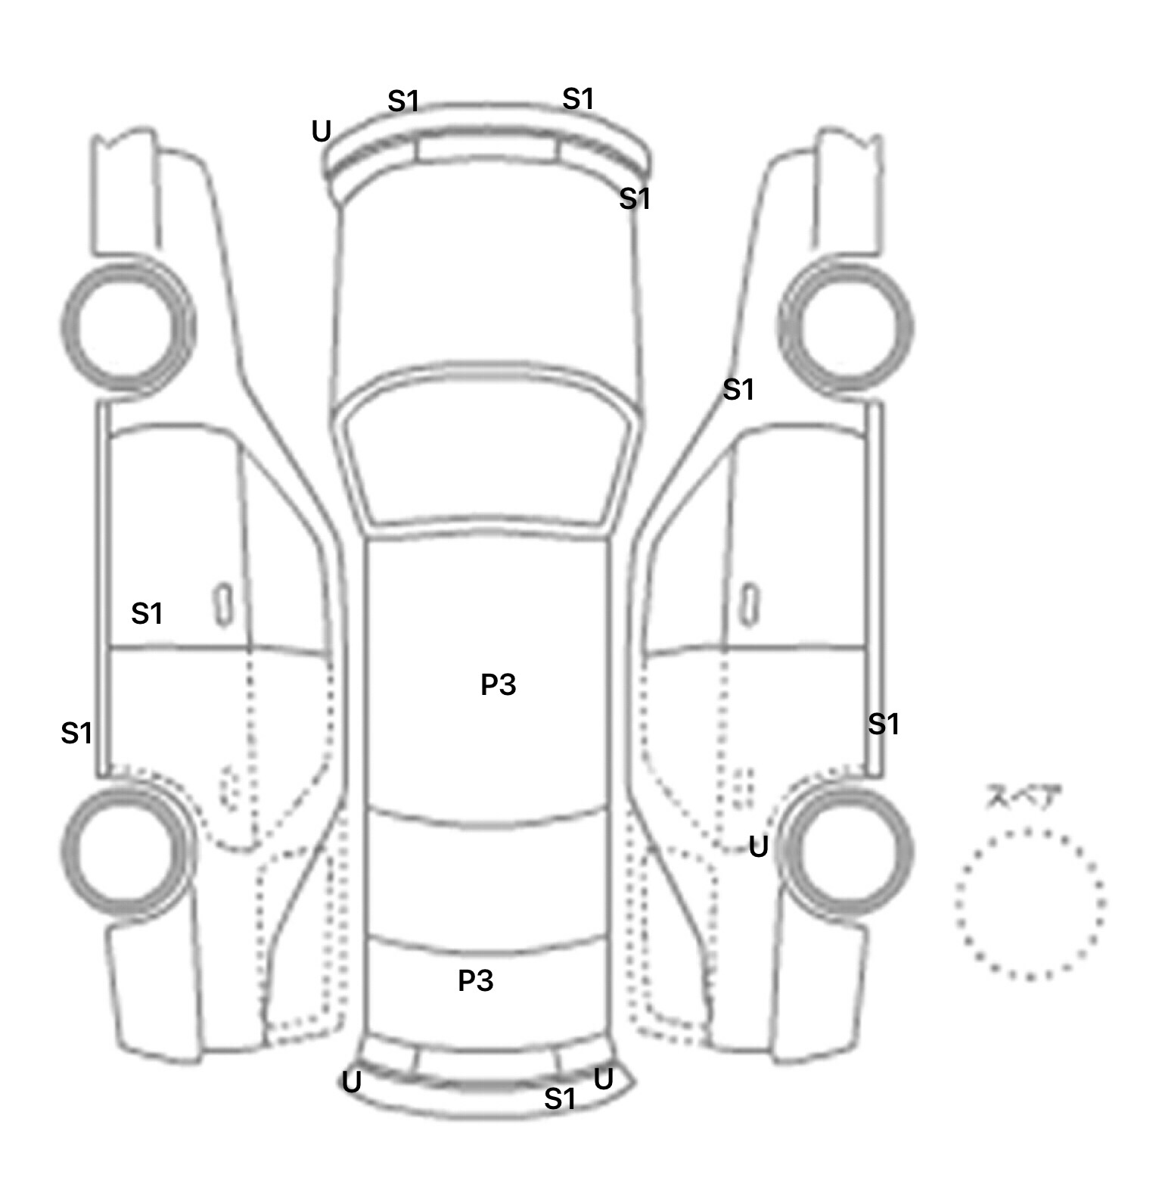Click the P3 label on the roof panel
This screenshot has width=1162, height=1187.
498,684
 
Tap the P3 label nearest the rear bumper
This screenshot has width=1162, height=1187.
475,980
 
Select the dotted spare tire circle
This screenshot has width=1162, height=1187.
1030,903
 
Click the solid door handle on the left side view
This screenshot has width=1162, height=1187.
223,604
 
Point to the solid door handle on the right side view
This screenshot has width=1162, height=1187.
749,604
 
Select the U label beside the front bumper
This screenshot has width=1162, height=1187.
322,132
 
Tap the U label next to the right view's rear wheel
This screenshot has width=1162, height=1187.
758,846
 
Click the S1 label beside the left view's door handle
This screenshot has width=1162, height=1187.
147,613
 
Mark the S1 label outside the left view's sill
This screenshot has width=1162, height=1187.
76,733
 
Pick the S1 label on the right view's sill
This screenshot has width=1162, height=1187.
883,724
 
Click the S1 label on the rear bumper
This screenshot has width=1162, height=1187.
560,1098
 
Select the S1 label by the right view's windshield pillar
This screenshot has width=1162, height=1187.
738,390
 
